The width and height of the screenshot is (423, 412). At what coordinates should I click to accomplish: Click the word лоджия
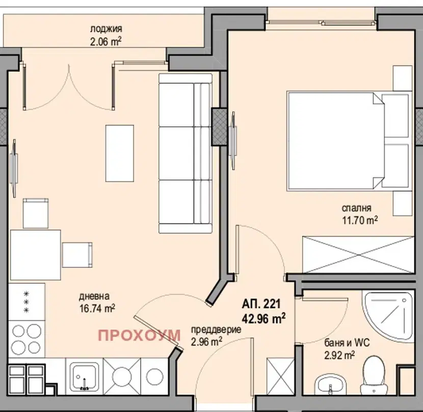(106, 29)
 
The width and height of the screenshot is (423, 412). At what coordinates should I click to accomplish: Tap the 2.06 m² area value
(106, 42)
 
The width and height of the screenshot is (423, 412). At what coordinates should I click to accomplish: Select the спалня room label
(356, 208)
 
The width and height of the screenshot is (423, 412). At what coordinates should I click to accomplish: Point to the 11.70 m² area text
(360, 220)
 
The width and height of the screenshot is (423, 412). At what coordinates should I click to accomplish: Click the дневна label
(94, 296)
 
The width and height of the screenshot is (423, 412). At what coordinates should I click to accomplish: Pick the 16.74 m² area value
(97, 308)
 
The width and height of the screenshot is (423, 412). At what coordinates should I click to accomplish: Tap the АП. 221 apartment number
(261, 304)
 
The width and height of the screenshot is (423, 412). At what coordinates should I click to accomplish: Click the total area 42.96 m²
(263, 319)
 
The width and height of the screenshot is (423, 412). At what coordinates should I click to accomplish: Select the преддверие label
(216, 330)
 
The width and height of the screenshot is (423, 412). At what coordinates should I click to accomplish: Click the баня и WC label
(347, 343)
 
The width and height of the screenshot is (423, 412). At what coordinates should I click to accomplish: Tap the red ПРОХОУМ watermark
(139, 336)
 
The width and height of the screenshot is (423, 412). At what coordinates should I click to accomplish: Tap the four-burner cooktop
(27, 339)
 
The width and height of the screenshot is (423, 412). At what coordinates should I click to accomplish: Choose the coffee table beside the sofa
(119, 153)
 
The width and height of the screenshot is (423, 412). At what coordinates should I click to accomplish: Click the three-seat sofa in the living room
(186, 153)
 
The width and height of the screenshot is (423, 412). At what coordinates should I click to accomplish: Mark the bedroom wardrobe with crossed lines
(358, 254)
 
